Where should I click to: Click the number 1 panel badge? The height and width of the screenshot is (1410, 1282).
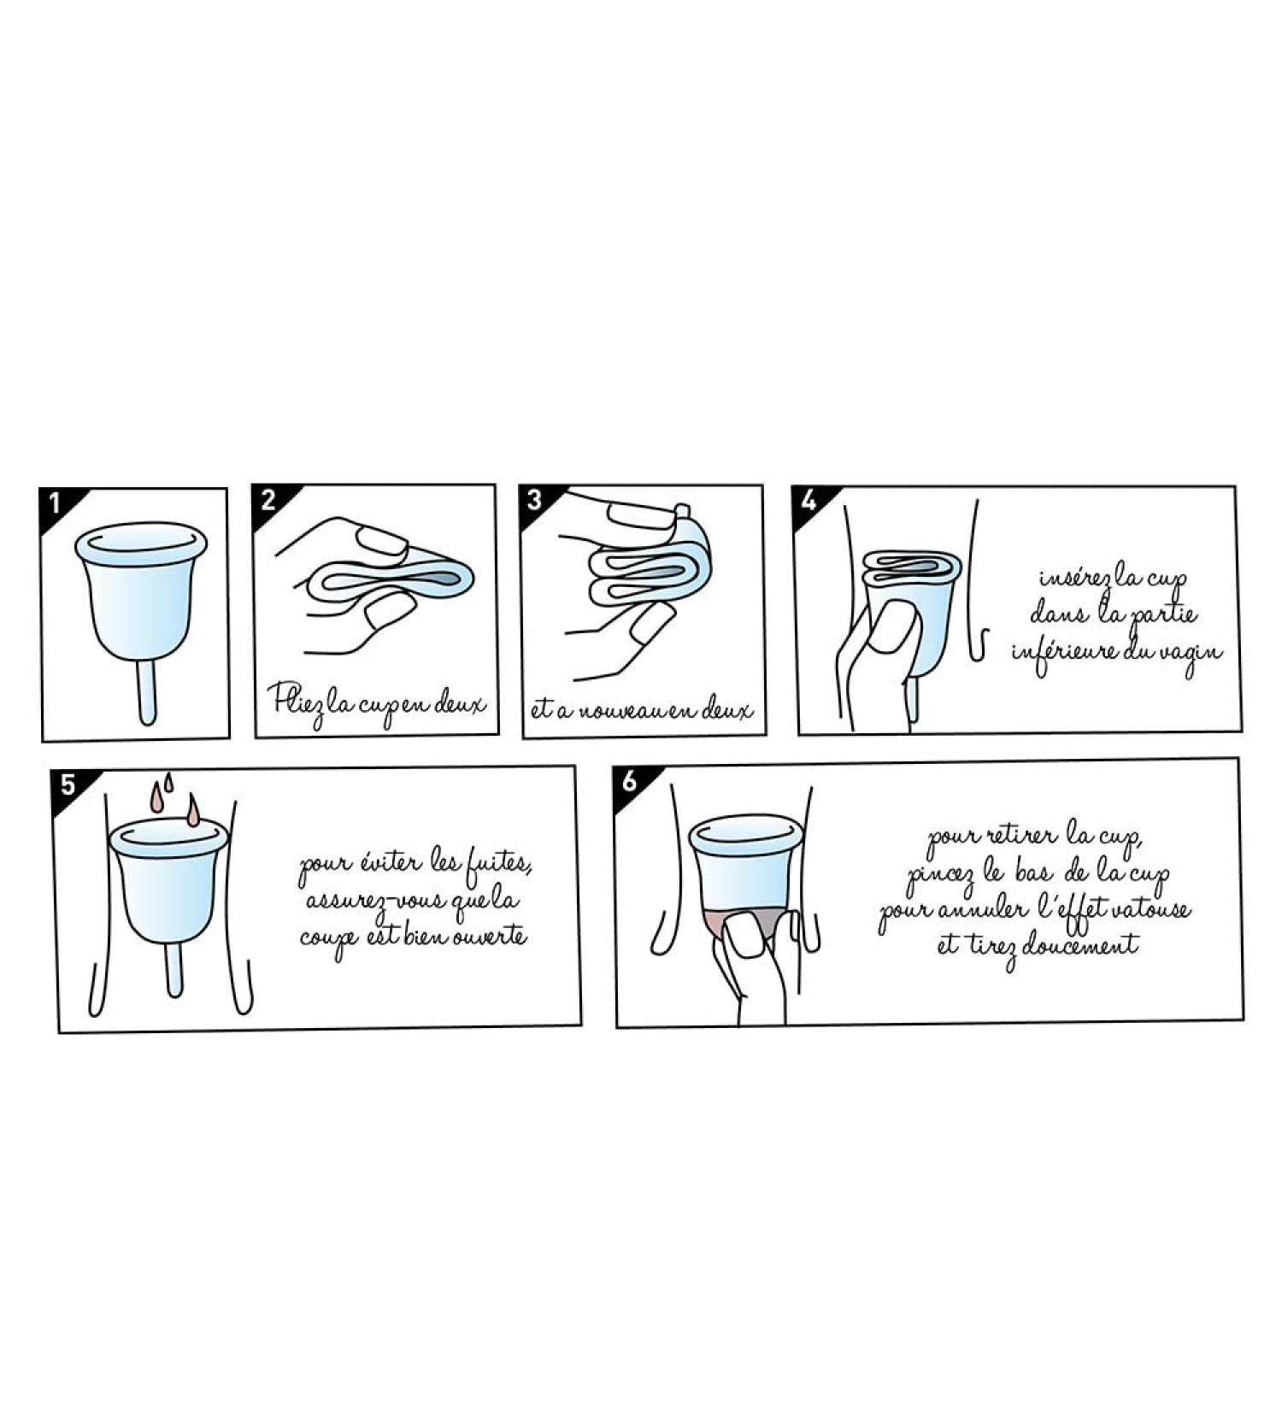[55, 503]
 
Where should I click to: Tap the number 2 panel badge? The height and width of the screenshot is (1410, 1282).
[268, 499]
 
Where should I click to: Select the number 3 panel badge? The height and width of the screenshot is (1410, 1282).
[535, 499]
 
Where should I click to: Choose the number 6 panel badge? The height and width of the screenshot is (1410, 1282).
[630, 780]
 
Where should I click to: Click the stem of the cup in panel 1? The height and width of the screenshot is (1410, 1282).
[147, 691]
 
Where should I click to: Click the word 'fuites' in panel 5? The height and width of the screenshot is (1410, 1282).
[499, 863]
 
